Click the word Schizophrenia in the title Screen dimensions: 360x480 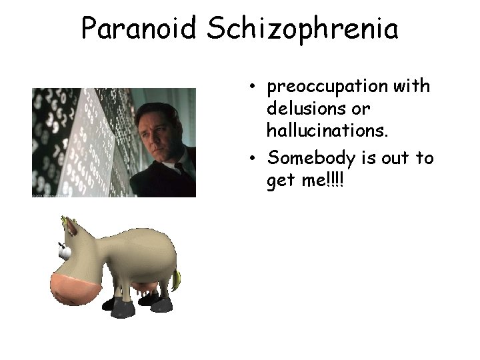(x=303, y=29)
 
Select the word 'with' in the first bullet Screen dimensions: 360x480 (x=415, y=87)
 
